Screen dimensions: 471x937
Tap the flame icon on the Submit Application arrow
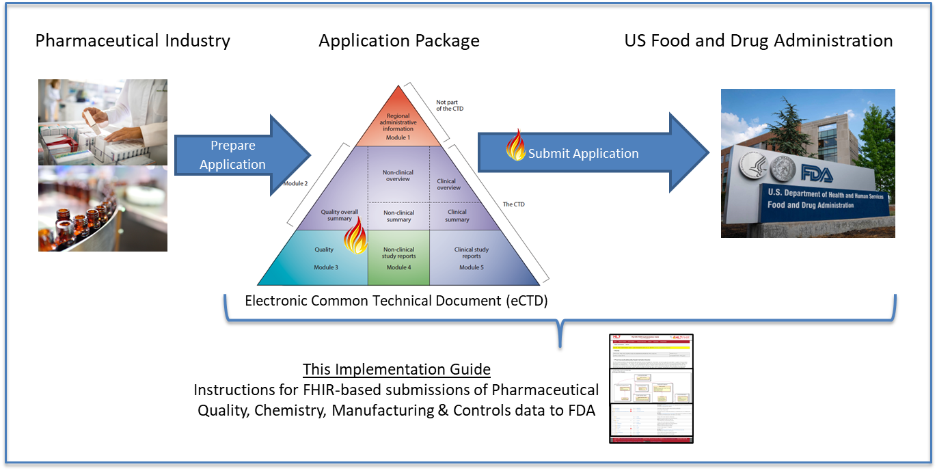click(515, 146)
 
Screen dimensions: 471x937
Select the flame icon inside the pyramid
click(355, 237)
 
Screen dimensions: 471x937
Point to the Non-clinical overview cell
click(398, 174)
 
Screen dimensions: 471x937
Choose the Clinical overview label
click(448, 185)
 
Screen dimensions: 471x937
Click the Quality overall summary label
click(339, 215)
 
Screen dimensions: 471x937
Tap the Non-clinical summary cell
click(398, 216)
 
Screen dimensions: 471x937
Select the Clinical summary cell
click(457, 216)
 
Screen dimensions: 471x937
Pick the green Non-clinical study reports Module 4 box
click(398, 258)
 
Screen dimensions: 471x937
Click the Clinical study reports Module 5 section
click(472, 258)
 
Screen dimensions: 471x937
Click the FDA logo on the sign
click(817, 174)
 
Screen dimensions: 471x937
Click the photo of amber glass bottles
click(103, 208)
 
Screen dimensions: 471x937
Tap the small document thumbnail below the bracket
click(651, 388)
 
